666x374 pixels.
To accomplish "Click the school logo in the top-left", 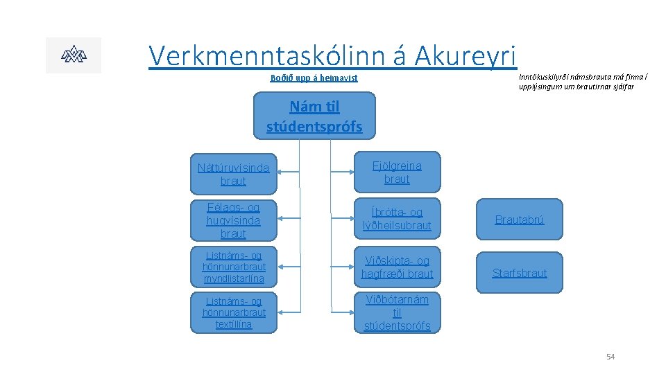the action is tap(73, 55).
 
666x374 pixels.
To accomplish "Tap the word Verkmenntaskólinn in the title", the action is tap(260, 55).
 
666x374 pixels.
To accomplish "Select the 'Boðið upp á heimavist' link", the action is tap(314, 78).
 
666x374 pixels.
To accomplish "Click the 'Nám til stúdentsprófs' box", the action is tap(314, 116).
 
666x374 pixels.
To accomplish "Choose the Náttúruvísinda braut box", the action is tap(232, 174).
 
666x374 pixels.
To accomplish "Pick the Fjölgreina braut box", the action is tap(397, 172).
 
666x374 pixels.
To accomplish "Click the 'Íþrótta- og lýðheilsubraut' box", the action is tap(397, 219).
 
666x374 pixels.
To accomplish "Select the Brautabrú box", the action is tap(519, 220).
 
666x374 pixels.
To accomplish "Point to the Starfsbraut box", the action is tap(519, 273).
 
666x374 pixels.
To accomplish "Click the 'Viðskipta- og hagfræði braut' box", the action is tap(397, 267).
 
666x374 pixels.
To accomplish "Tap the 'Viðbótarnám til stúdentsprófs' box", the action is tap(397, 312).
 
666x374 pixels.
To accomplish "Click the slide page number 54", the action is tap(610, 357).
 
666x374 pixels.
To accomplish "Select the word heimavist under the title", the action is tap(336, 78).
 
